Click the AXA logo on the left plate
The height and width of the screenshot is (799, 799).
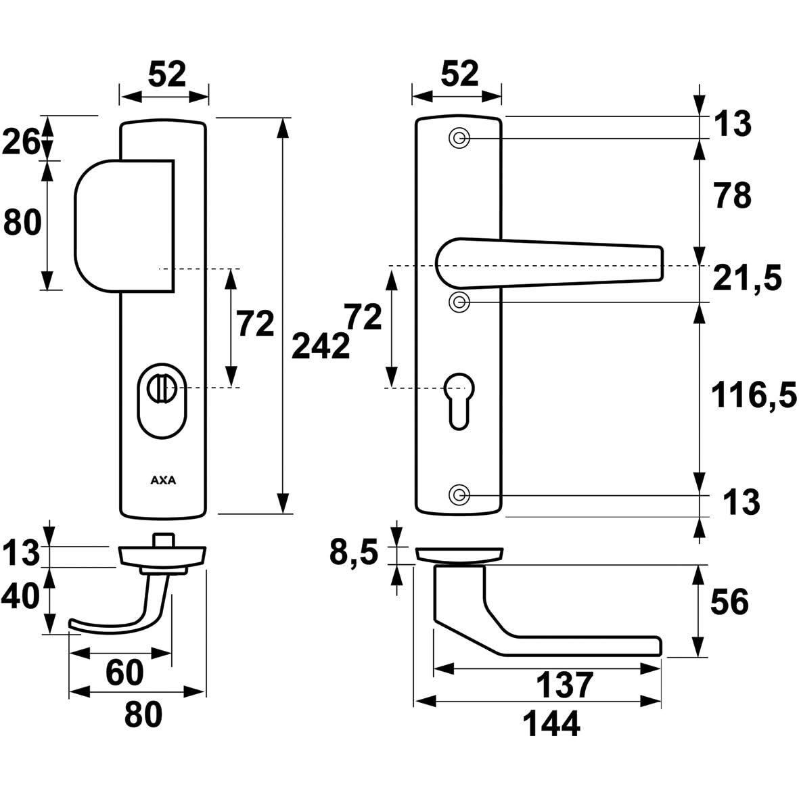[x=162, y=481]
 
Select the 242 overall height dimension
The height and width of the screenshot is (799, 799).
[x=321, y=347]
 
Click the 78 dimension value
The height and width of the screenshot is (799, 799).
[x=731, y=196]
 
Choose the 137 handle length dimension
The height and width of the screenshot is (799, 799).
[x=564, y=685]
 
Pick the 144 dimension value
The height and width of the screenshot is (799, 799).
[x=551, y=725]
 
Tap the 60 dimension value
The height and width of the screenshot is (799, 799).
[x=125, y=672]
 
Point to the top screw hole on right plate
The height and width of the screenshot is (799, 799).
[x=459, y=139]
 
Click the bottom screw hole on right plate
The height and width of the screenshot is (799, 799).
[x=459, y=495]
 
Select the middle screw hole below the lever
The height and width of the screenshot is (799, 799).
[x=459, y=302]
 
